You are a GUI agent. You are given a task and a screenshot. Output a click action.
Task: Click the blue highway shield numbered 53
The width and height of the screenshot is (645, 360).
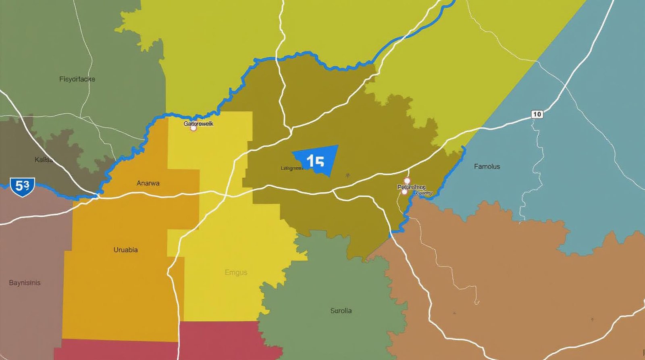coord(23,186)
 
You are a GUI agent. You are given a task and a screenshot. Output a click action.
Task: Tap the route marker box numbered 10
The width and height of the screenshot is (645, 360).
coord(537,114)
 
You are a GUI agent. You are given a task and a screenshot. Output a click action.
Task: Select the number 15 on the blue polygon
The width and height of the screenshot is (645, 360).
coord(315,161)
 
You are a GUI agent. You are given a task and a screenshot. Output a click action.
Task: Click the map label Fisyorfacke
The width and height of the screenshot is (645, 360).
coord(77,79)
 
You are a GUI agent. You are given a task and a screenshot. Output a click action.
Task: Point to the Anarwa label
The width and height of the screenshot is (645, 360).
coord(148,183)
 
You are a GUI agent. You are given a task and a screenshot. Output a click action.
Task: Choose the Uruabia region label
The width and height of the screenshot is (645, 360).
coord(125,250)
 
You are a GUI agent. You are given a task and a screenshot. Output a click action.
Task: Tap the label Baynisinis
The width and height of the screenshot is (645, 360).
coord(25,283)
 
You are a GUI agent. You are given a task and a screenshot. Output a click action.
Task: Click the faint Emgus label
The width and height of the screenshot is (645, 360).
coord(236,273)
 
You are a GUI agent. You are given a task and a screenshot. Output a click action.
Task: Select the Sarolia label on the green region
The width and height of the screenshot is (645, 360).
coord(341,310)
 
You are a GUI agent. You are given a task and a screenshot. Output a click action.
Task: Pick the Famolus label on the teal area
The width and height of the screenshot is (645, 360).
coord(487,166)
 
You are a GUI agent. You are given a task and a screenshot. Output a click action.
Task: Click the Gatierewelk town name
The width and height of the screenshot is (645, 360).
coord(198,123)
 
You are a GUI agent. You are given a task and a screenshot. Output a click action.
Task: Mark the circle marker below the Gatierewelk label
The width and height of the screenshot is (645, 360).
coord(193,128)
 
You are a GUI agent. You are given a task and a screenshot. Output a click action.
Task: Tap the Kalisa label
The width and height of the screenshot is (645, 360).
coord(44,160)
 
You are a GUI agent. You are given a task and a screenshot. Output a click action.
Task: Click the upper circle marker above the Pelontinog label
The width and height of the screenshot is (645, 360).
coord(407,181)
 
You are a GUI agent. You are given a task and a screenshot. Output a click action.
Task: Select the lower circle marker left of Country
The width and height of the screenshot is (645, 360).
coord(404,192)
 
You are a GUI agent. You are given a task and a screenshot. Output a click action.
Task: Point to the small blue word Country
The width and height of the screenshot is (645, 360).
coord(424,193)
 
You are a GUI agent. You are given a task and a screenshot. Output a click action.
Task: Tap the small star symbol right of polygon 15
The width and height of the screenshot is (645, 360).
coord(347,175)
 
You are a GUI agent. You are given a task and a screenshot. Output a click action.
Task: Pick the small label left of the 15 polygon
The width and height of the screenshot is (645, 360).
coord(292,168)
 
